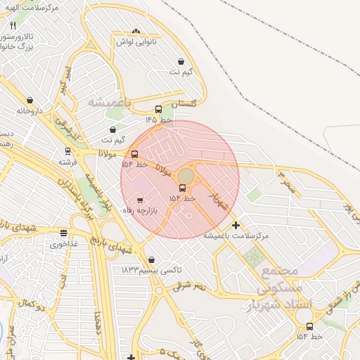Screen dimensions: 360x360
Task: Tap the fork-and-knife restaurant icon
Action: [13, 25]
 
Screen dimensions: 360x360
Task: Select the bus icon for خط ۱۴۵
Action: [158, 109]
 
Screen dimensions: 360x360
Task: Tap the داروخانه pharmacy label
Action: [30, 110]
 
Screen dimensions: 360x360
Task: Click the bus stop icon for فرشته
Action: [67, 150]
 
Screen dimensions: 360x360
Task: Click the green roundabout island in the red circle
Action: [186, 174]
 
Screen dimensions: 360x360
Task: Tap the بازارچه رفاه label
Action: [141, 210]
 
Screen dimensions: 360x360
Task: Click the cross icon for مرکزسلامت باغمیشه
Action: [236, 225]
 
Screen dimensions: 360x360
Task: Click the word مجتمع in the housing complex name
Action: [280, 271]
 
